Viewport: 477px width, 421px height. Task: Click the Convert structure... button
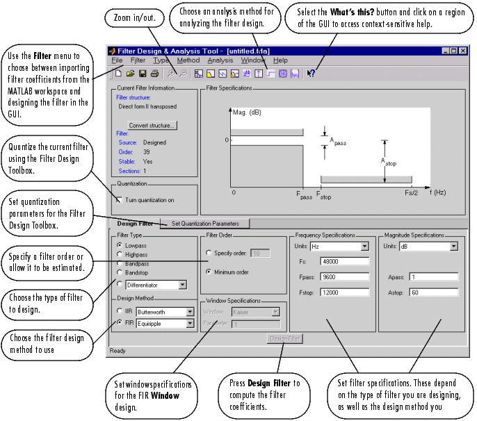(x=152, y=125)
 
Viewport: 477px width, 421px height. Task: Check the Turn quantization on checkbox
(x=120, y=199)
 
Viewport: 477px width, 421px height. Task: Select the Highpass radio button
(x=120, y=255)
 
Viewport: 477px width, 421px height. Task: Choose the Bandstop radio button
(x=120, y=274)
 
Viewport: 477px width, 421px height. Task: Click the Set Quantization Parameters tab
(x=205, y=224)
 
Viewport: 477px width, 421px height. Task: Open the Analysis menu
(x=220, y=60)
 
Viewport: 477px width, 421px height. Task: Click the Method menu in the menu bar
(x=188, y=60)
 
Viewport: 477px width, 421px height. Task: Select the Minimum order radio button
(x=209, y=272)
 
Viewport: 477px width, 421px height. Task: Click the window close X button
(x=462, y=51)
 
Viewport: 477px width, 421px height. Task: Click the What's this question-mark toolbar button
(x=311, y=73)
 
